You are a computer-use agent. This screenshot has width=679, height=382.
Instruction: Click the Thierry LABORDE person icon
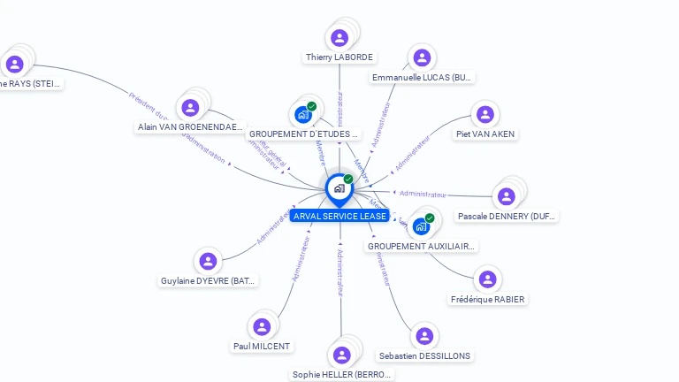pos(339,38)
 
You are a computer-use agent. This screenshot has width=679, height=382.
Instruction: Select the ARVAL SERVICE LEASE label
pos(339,216)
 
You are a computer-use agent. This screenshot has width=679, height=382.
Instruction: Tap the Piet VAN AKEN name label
pos(485,134)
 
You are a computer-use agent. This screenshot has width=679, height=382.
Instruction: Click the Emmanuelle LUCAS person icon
pos(422,57)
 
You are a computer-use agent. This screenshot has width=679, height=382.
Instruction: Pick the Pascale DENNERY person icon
pos(506,196)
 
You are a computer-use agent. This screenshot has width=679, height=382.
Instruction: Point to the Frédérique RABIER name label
pos(488,299)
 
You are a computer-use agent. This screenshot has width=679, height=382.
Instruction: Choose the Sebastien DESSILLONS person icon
pos(424,336)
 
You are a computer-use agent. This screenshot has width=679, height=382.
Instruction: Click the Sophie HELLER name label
pos(341,374)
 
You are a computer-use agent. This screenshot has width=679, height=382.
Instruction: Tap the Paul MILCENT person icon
pos(261,326)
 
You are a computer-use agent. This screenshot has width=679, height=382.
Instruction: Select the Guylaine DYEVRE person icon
pos(208,261)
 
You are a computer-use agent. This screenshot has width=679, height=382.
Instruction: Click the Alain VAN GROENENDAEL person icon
pos(190,108)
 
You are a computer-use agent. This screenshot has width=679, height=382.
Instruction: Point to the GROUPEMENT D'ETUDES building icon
pos(302,115)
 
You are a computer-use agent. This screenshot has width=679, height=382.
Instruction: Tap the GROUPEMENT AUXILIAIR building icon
pos(421,226)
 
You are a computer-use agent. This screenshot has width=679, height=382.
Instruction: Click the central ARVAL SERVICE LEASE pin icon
pos(339,187)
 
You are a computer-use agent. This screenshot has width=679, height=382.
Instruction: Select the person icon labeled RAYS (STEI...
pos(14,64)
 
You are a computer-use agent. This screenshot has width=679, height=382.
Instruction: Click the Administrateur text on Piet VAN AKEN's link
pos(411,154)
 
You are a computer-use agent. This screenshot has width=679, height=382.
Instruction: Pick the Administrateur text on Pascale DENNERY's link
pos(422,194)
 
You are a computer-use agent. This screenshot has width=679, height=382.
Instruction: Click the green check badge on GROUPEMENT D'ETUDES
pos(311,106)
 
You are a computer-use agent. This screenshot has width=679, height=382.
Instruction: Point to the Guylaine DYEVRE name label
pos(209,281)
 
